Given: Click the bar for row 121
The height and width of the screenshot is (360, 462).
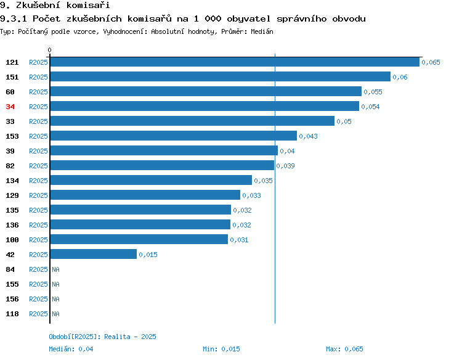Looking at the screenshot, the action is pyautogui.click(x=235, y=62).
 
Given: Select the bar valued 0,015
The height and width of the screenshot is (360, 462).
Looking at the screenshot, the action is pyautogui.click(x=94, y=254).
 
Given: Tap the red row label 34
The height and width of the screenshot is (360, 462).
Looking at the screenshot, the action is pyautogui.click(x=10, y=107).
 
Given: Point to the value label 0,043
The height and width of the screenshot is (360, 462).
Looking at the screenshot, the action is pyautogui.click(x=308, y=136).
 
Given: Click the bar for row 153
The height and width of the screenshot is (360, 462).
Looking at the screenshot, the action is pyautogui.click(x=174, y=136).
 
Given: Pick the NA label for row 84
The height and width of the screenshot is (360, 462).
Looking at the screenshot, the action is pyautogui.click(x=55, y=269).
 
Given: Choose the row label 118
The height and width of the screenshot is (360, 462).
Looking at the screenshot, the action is pyautogui.click(x=12, y=314).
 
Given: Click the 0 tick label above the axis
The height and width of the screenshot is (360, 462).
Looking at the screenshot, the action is pyautogui.click(x=49, y=50).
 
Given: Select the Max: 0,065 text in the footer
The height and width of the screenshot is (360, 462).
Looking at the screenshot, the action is pyautogui.click(x=344, y=349).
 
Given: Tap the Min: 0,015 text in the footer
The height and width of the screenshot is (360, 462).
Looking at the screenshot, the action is pyautogui.click(x=221, y=349).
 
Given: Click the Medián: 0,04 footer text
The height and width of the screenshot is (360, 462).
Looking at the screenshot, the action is pyautogui.click(x=71, y=349).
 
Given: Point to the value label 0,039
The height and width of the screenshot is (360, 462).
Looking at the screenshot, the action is pyautogui.click(x=285, y=166).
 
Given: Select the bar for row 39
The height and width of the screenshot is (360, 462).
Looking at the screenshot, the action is pyautogui.click(x=164, y=150).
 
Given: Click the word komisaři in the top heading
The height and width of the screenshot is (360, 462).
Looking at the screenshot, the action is pyautogui.click(x=88, y=5).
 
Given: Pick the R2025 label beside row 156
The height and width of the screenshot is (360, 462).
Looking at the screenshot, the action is pyautogui.click(x=38, y=299).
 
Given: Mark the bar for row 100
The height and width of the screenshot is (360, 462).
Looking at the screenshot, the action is pyautogui.click(x=139, y=239).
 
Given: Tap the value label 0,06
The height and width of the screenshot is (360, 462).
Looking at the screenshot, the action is pyautogui.click(x=400, y=77).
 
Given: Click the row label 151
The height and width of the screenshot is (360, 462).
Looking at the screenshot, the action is pyautogui.click(x=12, y=77).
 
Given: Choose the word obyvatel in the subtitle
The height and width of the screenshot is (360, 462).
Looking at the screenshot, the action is pyautogui.click(x=248, y=18).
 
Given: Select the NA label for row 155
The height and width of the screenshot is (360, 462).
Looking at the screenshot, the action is pyautogui.click(x=55, y=284).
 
